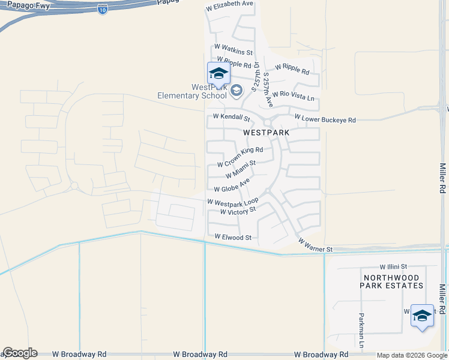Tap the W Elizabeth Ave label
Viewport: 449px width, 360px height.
pyautogui.click(x=230, y=4)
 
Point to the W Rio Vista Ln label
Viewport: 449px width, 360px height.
pyautogui.click(x=293, y=95)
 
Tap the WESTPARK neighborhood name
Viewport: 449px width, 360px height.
pyautogui.click(x=266, y=132)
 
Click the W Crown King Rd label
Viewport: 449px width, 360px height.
pyautogui.click(x=240, y=157)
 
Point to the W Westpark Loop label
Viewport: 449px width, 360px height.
pyautogui.click(x=233, y=202)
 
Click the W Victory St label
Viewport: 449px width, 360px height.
pyautogui.click(x=238, y=211)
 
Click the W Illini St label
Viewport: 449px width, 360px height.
pyautogui.click(x=393, y=266)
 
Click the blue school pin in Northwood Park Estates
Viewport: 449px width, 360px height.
pyautogui.click(x=422, y=316)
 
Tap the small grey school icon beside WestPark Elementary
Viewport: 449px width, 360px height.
pyautogui.click(x=237, y=91)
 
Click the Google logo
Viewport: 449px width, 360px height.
pyautogui.click(x=20, y=353)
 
